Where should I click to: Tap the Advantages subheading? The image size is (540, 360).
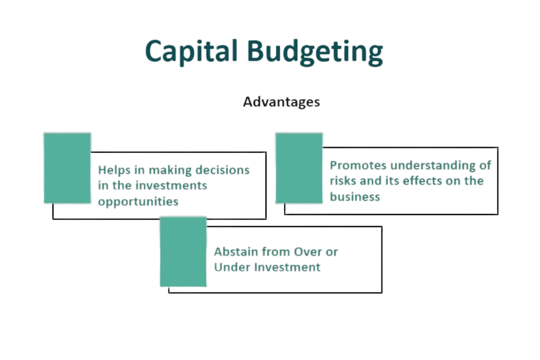coord(281,102)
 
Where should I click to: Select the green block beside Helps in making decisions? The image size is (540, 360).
coord(67,168)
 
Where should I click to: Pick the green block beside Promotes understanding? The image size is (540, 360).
coord(299,168)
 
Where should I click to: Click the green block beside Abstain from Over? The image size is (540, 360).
coord(183,251)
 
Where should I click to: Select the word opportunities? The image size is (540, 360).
coord(138,201)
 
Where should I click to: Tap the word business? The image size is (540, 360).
coord(355,196)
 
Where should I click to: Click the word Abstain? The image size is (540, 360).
coord(236,251)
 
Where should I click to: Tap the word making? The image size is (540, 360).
coord(170,170)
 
